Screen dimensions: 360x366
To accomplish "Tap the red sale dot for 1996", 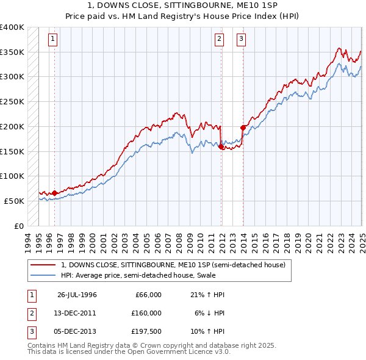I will click(55, 193).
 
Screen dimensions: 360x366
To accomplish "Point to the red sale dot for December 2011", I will click(221, 146).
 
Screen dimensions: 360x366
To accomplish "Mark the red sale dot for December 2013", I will click(243, 128).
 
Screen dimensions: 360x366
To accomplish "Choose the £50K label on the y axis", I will click(15, 201).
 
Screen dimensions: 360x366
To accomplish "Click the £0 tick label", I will click(19, 226).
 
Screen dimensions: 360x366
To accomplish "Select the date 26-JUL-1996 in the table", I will click(77, 295).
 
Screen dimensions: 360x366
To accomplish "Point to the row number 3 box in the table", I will click(30, 332).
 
